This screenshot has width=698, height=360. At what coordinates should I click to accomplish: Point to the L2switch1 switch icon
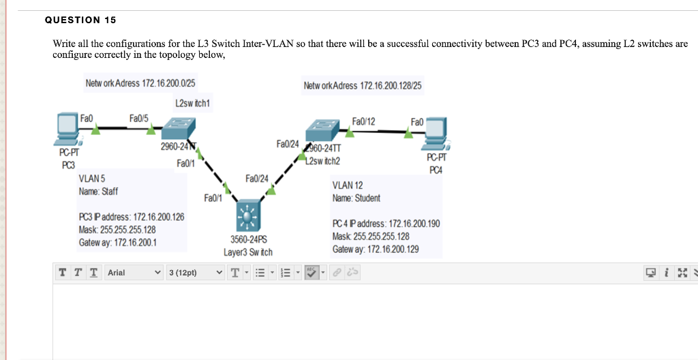179,128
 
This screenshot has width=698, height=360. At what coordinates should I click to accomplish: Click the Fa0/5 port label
140,118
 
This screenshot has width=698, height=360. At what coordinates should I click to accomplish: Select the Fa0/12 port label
363,121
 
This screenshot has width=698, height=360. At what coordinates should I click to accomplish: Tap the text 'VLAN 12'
347,185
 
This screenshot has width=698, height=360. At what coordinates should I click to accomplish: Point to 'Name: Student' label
356,198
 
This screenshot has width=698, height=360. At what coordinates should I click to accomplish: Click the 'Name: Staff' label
98,192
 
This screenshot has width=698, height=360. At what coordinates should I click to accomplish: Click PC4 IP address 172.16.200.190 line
386,224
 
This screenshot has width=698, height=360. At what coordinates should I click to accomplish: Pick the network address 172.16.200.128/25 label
363,85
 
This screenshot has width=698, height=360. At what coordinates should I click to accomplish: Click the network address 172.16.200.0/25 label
140,83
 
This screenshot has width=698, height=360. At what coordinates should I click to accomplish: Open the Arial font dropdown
134,273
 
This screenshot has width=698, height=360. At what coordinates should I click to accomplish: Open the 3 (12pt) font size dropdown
195,273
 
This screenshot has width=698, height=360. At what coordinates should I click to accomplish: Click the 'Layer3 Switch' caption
248,252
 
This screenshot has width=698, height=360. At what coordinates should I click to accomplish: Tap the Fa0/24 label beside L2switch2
288,144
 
